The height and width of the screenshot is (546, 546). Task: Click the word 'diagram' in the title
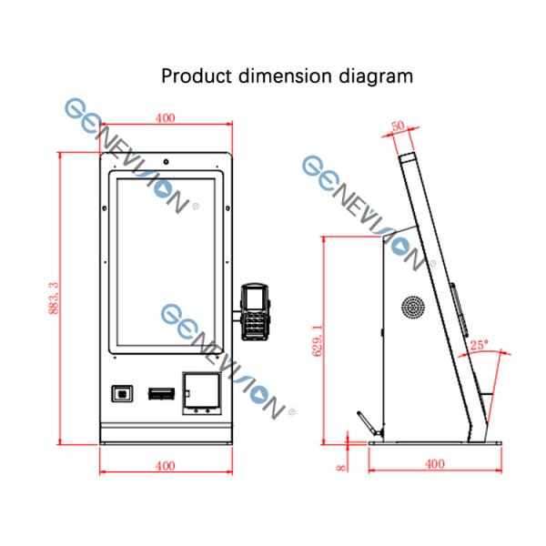tap(375, 76)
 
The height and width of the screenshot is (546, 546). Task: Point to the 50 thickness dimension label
tap(398, 126)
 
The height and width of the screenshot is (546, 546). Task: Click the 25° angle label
tap(480, 346)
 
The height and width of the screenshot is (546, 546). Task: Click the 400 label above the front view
tap(165, 118)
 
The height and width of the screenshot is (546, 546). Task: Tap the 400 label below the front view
tap(165, 466)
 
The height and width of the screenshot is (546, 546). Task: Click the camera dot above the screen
tap(166, 167)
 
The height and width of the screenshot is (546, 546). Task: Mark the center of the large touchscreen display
tap(166, 264)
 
